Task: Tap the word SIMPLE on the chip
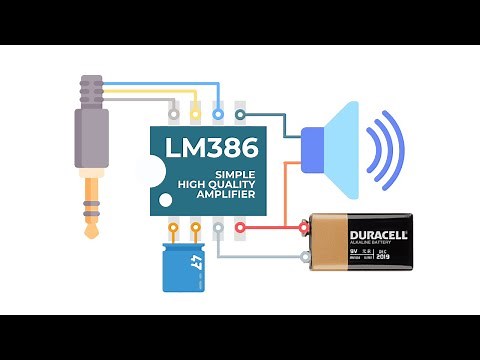(236, 175)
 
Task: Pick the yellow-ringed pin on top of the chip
(196, 115)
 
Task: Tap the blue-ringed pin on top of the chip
(217, 115)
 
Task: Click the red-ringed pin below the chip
(240, 227)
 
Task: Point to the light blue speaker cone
(345, 149)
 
